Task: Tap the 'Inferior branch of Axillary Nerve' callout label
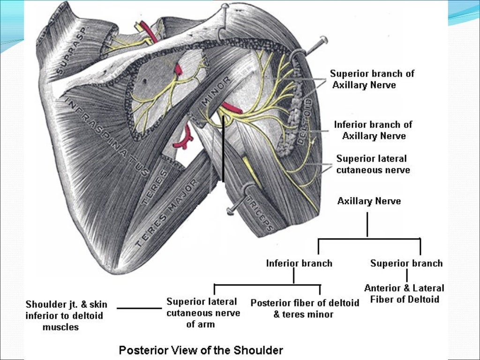click(373, 130)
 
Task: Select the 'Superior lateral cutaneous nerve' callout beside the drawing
click(373, 164)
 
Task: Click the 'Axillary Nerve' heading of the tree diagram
click(369, 201)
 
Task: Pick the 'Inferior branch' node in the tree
click(299, 263)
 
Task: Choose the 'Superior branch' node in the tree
click(406, 263)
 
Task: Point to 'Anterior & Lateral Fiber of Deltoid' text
click(404, 293)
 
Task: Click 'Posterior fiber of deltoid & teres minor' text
click(305, 308)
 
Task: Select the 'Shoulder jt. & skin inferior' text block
click(66, 316)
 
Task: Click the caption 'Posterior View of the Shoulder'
click(201, 350)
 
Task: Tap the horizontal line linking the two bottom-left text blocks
click(139, 308)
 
